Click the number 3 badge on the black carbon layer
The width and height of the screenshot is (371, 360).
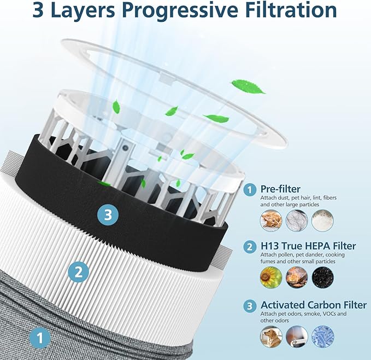pos(108,214)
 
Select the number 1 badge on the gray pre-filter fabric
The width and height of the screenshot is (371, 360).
pos(40,337)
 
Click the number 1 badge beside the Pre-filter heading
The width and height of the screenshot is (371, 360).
pos(250,189)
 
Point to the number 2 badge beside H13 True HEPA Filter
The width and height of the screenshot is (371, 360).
pos(250,247)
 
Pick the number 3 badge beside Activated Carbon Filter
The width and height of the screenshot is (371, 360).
pos(250,305)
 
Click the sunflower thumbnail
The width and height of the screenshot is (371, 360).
pos(270,278)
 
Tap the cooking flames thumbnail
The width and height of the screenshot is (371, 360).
pos(297,278)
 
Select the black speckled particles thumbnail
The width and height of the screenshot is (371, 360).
pos(322,278)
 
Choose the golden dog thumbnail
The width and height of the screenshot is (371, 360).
pos(270,336)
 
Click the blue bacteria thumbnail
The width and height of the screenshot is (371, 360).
pos(322,336)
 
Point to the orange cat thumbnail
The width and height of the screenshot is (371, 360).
pos(270,220)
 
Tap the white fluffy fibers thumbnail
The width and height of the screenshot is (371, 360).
pos(322,220)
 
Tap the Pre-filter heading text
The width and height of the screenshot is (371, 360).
pos(280,189)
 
